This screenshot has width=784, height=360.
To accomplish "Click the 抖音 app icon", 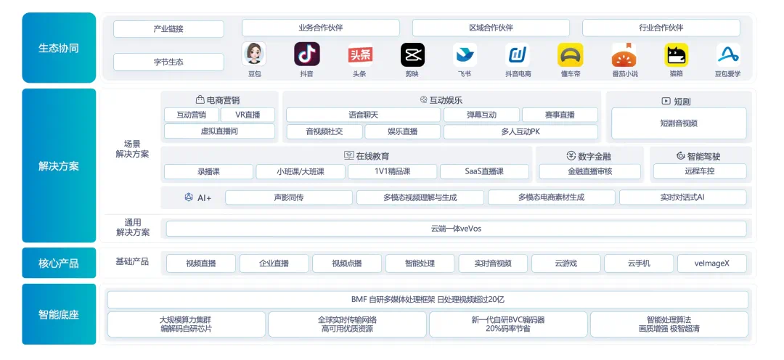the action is click(306, 54).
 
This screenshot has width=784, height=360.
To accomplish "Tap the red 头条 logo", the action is click(360, 54).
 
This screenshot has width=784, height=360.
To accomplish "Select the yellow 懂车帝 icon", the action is click(570, 54).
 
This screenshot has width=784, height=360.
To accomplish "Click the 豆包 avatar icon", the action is click(254, 54).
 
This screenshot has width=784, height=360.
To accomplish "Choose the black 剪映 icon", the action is click(412, 54).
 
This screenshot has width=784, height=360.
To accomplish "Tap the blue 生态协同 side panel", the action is click(59, 47).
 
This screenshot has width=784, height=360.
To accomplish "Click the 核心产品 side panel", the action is click(59, 263).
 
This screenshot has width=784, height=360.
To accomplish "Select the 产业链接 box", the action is click(168, 28).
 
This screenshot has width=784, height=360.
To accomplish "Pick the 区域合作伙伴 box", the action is click(491, 28).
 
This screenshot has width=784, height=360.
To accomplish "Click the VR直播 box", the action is click(248, 115).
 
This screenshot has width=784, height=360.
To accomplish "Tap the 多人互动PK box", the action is click(520, 132).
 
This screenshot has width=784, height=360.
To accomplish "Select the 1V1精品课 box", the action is click(393, 171).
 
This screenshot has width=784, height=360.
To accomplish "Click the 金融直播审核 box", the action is click(590, 171).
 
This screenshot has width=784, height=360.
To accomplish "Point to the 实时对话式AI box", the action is click(682, 197).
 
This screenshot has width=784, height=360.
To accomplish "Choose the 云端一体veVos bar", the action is click(456, 229).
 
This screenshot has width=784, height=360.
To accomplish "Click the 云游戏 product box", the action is click(566, 263).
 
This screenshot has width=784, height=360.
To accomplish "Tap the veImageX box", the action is click(712, 263).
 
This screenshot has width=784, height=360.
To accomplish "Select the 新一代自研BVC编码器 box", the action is click(508, 324).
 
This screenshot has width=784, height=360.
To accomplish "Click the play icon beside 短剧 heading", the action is click(666, 101).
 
